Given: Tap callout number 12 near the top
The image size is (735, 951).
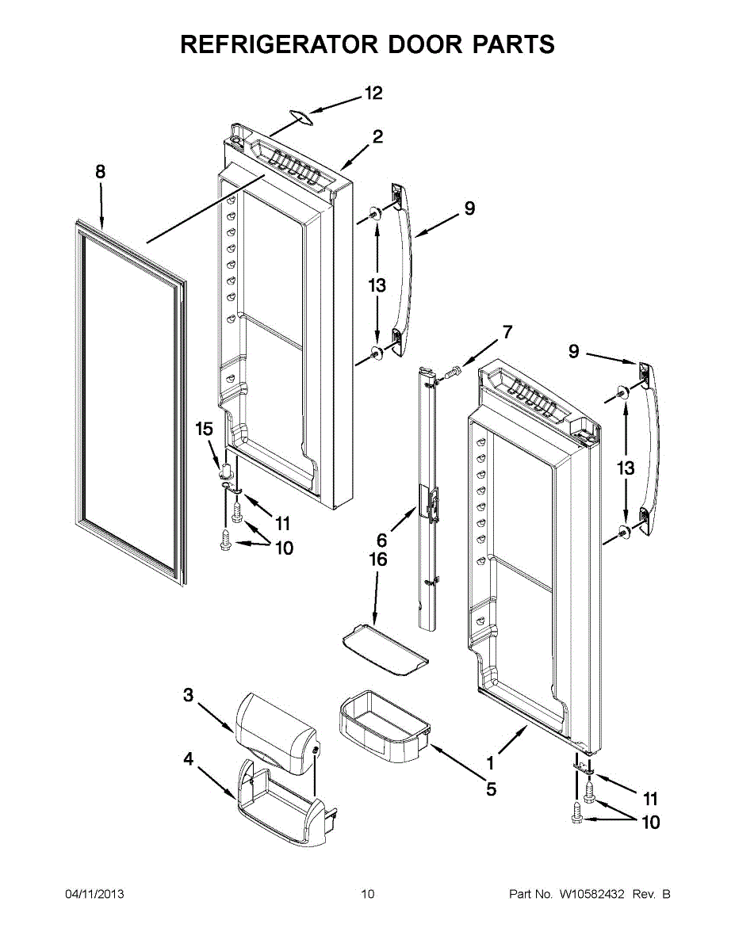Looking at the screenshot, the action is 373,93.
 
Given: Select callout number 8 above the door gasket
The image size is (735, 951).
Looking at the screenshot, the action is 101,171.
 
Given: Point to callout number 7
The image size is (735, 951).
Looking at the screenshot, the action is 507,332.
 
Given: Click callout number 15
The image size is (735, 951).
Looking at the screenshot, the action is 205,429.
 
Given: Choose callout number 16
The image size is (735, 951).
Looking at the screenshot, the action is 379,560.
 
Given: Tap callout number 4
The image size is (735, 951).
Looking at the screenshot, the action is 188,759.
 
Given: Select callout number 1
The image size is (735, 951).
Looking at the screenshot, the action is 490,763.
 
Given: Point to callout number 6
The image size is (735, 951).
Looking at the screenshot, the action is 381,540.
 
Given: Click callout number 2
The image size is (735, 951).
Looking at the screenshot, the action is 377,136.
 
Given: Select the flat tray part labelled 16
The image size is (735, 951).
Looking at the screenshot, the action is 385,651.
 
